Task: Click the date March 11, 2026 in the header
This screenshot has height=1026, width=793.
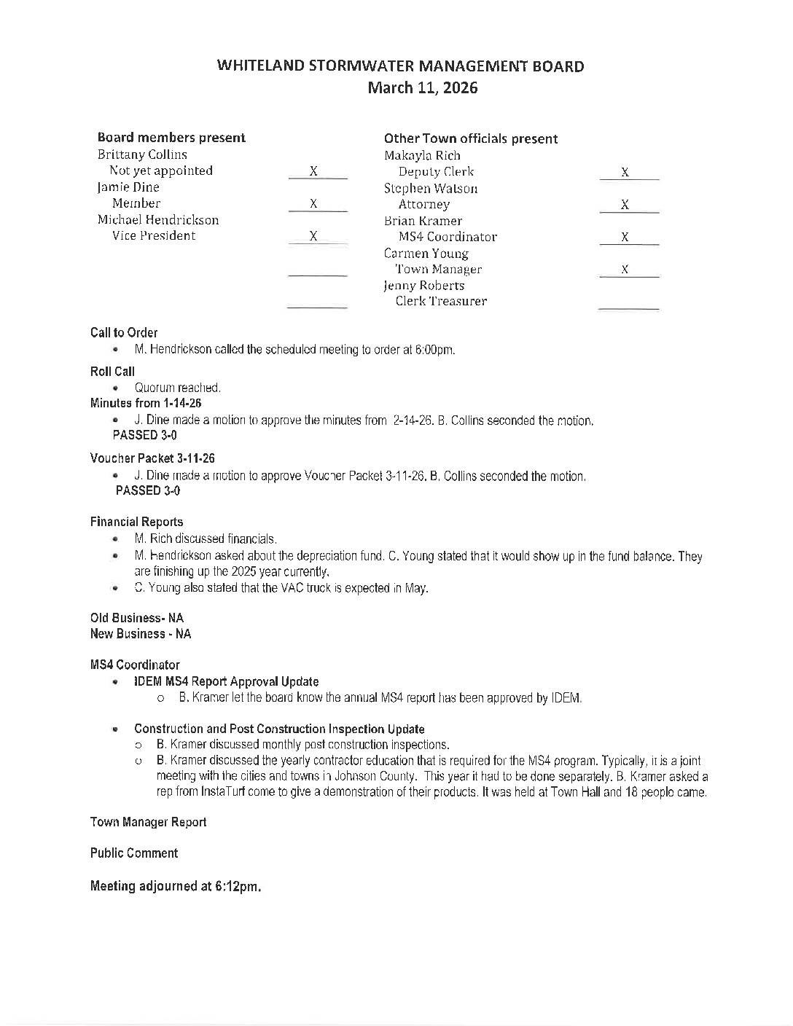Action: click(x=422, y=88)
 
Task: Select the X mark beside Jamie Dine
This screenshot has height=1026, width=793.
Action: click(x=313, y=204)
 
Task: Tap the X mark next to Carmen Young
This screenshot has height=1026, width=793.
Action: click(x=625, y=270)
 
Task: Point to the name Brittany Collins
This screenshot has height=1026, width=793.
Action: click(x=142, y=154)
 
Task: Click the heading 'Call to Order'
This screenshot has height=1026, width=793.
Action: click(x=124, y=332)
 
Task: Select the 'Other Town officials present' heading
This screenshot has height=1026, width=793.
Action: click(x=470, y=138)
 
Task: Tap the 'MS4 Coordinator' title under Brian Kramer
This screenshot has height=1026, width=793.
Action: click(x=448, y=237)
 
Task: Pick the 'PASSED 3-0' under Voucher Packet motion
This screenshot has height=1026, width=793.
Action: click(x=148, y=490)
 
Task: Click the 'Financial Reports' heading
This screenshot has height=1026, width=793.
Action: click(x=136, y=522)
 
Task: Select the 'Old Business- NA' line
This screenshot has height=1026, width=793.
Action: click(x=136, y=618)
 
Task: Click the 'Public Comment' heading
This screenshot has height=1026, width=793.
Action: click(x=133, y=853)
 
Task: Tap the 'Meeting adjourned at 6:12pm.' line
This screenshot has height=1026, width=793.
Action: click(x=175, y=886)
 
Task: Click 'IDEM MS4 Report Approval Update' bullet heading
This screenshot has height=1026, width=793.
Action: click(x=226, y=681)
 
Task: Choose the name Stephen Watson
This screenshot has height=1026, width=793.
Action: click(x=431, y=188)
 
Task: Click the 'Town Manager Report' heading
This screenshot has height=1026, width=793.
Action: click(x=148, y=822)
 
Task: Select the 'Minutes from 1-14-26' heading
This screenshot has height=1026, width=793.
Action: click(x=146, y=403)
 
